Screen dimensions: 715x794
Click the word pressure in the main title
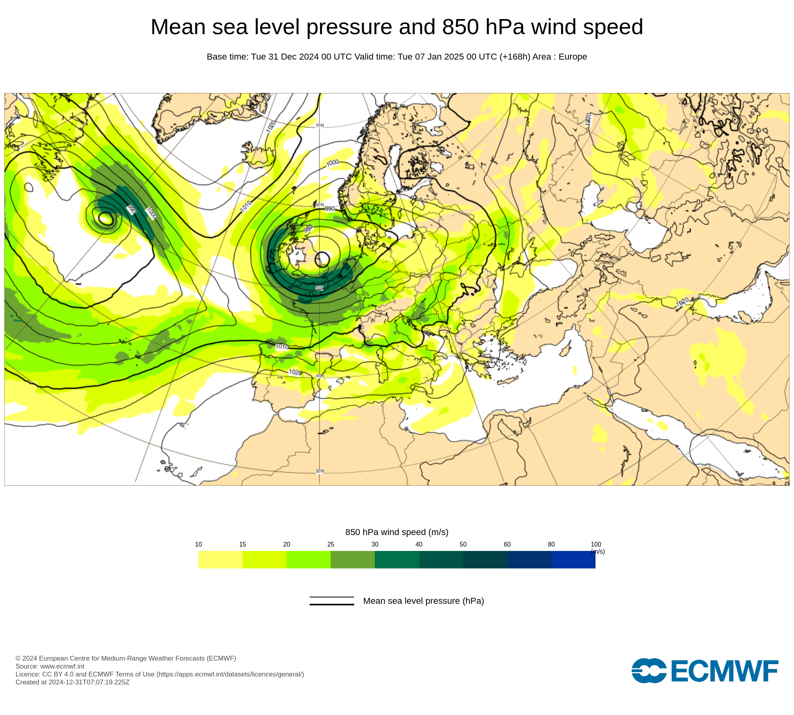coord(349,27)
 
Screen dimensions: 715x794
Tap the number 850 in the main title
coord(461,27)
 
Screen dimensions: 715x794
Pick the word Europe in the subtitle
coord(572,57)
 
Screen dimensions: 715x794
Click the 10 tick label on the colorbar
coord(198,544)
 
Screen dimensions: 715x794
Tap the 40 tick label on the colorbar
coord(419,544)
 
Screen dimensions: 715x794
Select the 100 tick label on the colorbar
coord(595,544)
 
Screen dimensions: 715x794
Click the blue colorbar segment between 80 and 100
coord(573,560)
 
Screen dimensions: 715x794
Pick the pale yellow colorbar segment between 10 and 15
coord(220,560)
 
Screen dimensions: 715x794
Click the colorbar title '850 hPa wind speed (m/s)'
coord(397,532)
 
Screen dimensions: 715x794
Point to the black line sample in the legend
coord(331,601)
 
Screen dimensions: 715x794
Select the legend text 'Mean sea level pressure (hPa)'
coord(423,601)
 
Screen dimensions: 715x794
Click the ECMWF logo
coord(705,671)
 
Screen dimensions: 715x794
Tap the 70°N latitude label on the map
coord(320,126)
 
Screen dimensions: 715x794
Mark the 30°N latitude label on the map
coord(320,472)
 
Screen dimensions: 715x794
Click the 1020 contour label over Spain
coord(295,372)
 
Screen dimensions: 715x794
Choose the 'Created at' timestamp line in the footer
coord(73,682)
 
